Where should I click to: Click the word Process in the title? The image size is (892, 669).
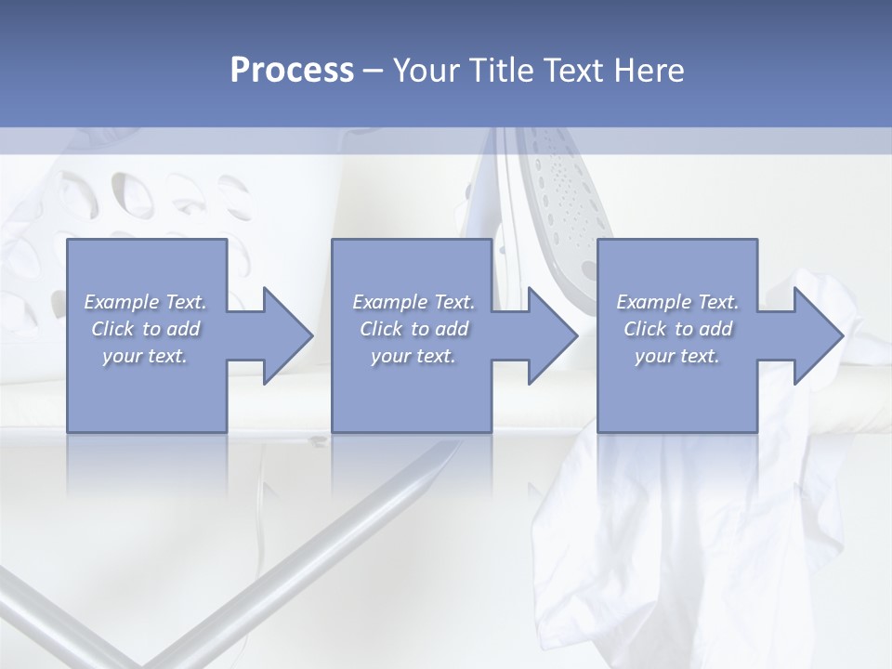tap(292, 71)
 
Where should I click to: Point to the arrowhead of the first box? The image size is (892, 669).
tap(283, 335)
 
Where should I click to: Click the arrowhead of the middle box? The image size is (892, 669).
tap(548, 335)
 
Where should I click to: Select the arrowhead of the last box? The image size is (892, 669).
tap(814, 335)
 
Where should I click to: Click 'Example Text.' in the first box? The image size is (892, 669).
tap(146, 302)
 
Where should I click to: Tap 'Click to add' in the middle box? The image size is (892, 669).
tap(413, 329)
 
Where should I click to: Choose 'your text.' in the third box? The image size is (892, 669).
tap(677, 356)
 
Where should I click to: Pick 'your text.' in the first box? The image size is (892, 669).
tap(146, 356)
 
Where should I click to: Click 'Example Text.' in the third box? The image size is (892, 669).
tap(677, 302)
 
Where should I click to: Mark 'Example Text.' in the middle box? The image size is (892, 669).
tap(413, 302)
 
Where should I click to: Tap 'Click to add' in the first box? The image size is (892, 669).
tap(146, 329)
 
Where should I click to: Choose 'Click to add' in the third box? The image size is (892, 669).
tap(677, 329)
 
